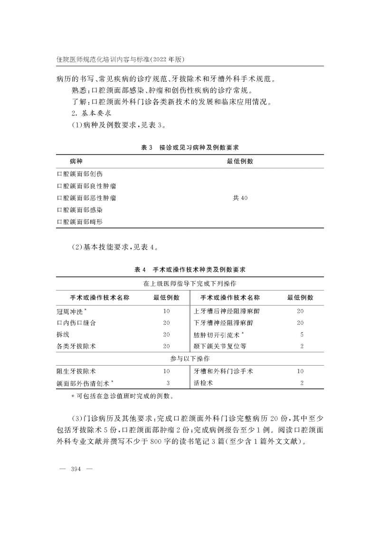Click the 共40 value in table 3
pyautogui.click(x=240, y=198)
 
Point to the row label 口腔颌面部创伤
pyautogui.click(x=79, y=174)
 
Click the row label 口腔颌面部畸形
pyautogui.click(x=79, y=222)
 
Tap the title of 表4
pyautogui.click(x=190, y=270)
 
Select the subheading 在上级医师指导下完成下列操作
pyautogui.click(x=190, y=283)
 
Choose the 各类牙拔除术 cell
pyautogui.click(x=76, y=347)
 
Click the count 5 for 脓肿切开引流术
pyautogui.click(x=302, y=335)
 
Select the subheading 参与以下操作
pyautogui.click(x=190, y=359)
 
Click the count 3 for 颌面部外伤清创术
pyautogui.click(x=168, y=383)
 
